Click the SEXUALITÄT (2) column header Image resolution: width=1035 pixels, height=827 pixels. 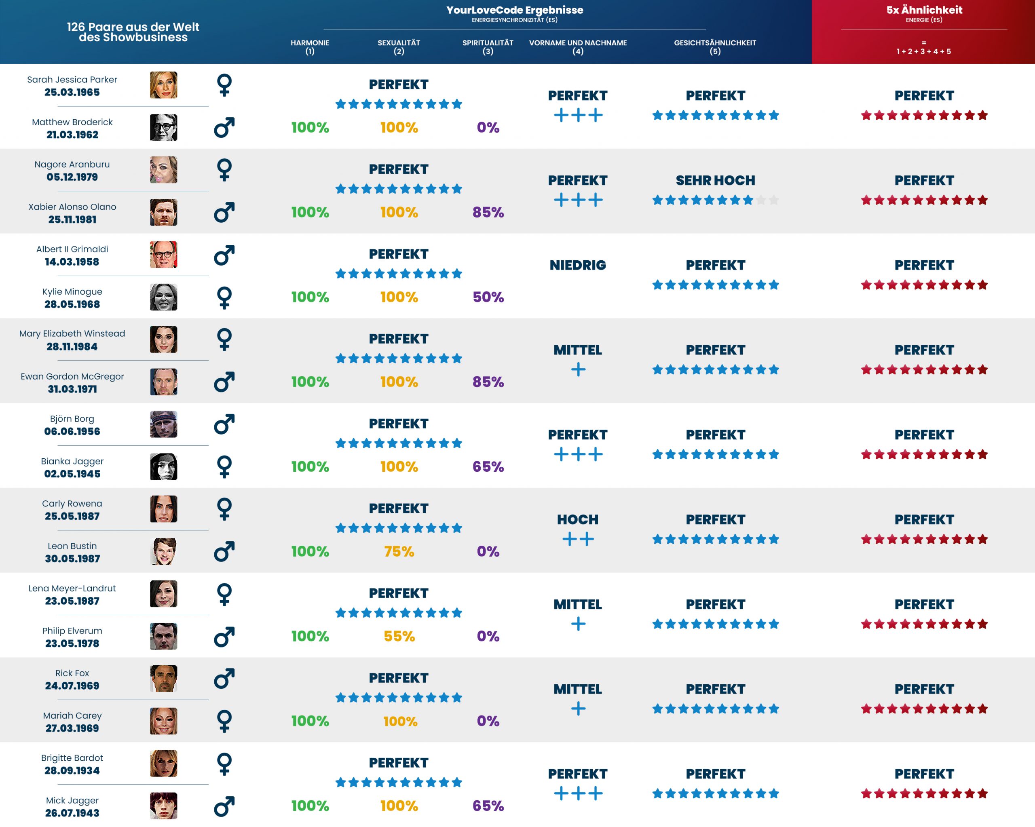click(x=399, y=46)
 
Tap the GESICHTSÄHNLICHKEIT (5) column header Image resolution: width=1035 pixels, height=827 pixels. click(x=715, y=46)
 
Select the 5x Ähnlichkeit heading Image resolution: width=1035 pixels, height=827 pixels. click(x=924, y=10)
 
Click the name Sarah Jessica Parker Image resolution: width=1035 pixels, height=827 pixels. click(x=72, y=80)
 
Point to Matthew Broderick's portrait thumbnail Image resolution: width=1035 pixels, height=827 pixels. click(x=163, y=128)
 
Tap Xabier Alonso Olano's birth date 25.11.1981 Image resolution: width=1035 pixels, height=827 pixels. click(x=72, y=219)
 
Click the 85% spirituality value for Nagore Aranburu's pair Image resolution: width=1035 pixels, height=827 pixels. click(x=488, y=212)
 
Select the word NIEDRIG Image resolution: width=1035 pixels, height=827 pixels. click(x=577, y=265)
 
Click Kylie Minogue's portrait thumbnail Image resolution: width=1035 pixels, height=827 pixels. click(x=163, y=297)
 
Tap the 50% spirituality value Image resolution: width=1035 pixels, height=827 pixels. click(x=488, y=297)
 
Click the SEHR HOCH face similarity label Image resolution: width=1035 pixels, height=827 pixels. click(x=715, y=180)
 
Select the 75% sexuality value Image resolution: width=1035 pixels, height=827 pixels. click(x=399, y=551)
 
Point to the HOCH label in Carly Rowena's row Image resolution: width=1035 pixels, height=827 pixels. click(x=577, y=519)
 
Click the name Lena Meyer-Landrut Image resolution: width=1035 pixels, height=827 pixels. click(x=72, y=589)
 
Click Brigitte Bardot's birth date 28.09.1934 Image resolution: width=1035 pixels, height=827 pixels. click(x=72, y=770)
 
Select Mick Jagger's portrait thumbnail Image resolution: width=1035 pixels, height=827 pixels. click(x=163, y=806)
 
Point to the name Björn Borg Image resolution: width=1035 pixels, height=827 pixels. click(x=72, y=418)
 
